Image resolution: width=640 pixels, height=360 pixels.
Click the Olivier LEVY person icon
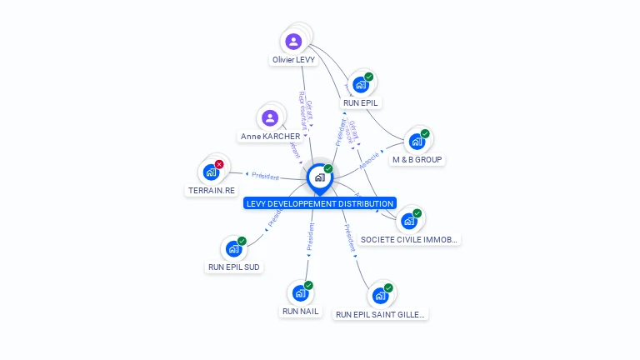[x=293, y=42]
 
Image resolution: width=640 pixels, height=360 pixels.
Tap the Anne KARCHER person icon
[x=269, y=118]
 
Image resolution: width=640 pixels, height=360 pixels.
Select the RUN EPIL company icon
[x=360, y=85]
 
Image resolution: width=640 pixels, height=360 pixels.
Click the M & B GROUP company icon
[x=417, y=142]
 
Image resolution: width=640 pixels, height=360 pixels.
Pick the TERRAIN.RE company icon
[x=211, y=172]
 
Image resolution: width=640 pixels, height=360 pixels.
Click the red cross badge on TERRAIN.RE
[x=219, y=164]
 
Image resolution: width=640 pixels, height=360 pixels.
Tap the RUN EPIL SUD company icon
[x=233, y=249]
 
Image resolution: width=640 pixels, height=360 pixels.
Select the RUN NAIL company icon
[x=300, y=293]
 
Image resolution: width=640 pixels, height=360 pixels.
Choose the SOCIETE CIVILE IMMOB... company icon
[x=408, y=221]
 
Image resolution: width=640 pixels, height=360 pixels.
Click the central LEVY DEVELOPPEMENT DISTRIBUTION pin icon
[x=319, y=177]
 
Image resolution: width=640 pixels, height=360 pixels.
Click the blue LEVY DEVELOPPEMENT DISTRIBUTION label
[x=319, y=203]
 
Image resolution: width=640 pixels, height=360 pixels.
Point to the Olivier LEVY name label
[x=293, y=60]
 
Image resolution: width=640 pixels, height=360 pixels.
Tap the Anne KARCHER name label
[x=270, y=137]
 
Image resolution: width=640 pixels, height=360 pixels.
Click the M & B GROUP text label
[x=417, y=159]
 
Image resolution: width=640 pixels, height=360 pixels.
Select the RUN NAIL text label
[x=300, y=312]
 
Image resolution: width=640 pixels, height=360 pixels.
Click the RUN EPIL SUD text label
[x=233, y=267]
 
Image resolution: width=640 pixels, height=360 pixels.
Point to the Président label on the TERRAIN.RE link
[x=265, y=176]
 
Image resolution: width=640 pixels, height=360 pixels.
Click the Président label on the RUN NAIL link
[x=310, y=237]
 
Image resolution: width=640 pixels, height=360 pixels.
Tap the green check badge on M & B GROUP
[x=425, y=133]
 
